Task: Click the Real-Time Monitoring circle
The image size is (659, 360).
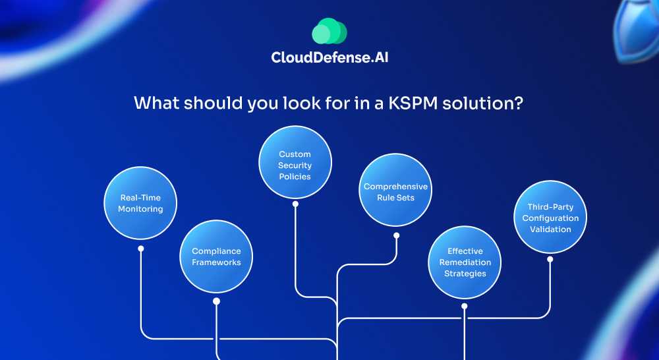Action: point(140,203)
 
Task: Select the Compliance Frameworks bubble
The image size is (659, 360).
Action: point(216,256)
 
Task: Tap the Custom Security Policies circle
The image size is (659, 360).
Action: point(295,162)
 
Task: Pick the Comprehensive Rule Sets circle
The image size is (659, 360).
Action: point(395,192)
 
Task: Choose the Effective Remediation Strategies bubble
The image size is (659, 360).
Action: point(465,262)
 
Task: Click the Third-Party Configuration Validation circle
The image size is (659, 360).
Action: point(550,218)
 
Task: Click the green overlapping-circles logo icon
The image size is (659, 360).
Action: point(329,32)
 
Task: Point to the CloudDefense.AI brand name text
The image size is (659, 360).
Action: point(334,57)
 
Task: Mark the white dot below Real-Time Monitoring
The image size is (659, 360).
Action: point(140,249)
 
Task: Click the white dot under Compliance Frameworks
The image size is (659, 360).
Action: point(216,301)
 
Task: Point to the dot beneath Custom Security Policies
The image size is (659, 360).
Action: point(295,204)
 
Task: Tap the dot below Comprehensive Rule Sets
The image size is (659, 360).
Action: point(396,234)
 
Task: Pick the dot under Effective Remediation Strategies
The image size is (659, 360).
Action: point(465,306)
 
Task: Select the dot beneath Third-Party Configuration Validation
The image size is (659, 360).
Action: point(550,259)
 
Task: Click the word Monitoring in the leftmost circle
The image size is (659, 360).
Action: point(140,209)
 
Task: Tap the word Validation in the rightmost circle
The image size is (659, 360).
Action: point(550,229)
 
